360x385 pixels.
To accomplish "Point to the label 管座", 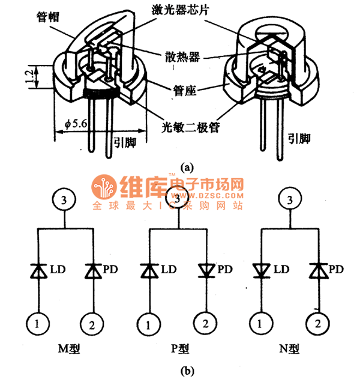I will [179, 91].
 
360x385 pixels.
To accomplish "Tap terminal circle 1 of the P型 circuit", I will [146, 324].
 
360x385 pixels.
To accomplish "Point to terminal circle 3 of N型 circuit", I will [290, 199].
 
